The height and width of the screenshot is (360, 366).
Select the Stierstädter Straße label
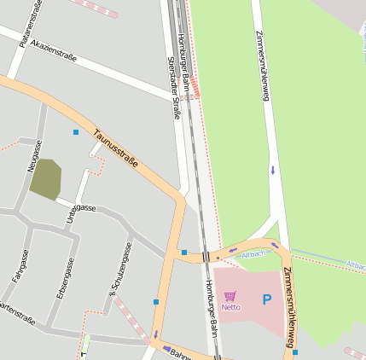tap(174, 88)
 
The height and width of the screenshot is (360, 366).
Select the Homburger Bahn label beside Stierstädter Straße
tap(183, 61)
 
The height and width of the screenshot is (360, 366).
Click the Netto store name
tap(231, 306)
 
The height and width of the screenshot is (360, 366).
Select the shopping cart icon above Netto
tap(230, 296)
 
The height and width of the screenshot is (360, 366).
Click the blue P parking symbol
tap(267, 299)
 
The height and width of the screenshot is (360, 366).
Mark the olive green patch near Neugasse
tap(45, 179)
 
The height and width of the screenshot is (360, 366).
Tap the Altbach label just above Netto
tap(253, 254)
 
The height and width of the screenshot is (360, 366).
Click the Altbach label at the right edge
tap(356, 265)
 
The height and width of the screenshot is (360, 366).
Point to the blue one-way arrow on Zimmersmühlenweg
tap(273, 170)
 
